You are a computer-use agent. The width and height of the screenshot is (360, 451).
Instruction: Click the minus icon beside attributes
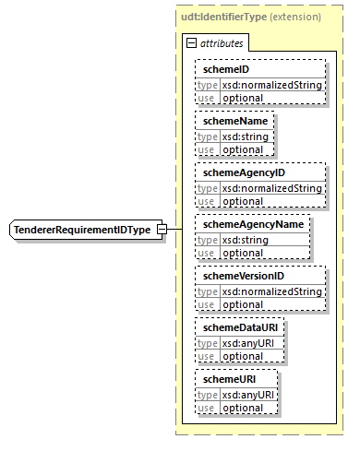(x=191, y=43)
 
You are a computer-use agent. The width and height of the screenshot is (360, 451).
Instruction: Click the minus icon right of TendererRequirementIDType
(x=162, y=230)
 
